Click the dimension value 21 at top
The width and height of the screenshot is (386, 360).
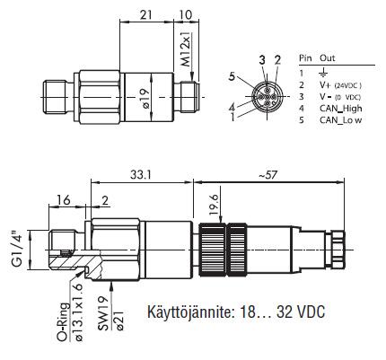(146, 14)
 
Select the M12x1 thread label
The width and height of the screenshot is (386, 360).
(187, 48)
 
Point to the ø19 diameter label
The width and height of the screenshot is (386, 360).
(146, 99)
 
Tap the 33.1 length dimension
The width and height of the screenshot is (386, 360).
(140, 175)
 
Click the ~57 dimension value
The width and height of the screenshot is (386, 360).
(268, 175)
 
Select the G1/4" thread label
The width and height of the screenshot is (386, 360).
(17, 250)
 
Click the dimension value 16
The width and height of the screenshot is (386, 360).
(64, 199)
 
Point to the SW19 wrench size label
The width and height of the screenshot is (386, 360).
(103, 313)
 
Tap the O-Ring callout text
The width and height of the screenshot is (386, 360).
(63, 321)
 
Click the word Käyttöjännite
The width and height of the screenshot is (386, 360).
(189, 312)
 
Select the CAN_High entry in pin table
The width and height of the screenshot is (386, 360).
(341, 109)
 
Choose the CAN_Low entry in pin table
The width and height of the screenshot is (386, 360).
(341, 120)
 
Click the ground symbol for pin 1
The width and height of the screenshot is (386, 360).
(324, 73)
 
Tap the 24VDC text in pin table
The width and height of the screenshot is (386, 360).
(347, 85)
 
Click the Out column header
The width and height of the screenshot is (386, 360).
(328, 58)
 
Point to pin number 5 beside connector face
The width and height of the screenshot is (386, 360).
(232, 76)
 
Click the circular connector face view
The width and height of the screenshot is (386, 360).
(266, 97)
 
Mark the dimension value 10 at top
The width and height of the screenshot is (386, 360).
(186, 14)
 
